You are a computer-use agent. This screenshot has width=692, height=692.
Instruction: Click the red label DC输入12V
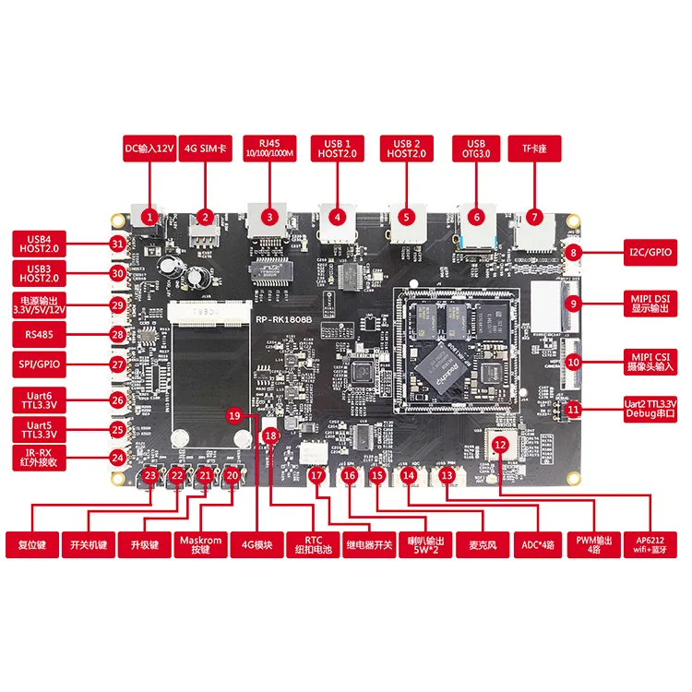point(149,149)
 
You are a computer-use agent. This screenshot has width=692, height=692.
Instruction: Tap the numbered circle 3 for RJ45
point(269,218)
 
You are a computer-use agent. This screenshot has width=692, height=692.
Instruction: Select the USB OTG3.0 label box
point(476,149)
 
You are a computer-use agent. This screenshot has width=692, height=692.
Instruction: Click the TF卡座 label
point(533,149)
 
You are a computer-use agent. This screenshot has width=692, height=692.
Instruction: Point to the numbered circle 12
point(500,444)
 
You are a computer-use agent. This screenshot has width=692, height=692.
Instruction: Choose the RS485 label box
point(39,334)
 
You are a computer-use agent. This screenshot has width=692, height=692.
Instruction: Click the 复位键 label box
point(31,544)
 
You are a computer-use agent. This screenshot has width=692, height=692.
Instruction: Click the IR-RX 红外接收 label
point(39,456)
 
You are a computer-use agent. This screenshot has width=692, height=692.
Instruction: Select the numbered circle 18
point(269,434)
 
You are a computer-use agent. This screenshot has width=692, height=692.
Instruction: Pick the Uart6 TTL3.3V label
point(39,400)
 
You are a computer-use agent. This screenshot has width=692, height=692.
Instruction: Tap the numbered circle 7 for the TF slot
point(533,218)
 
